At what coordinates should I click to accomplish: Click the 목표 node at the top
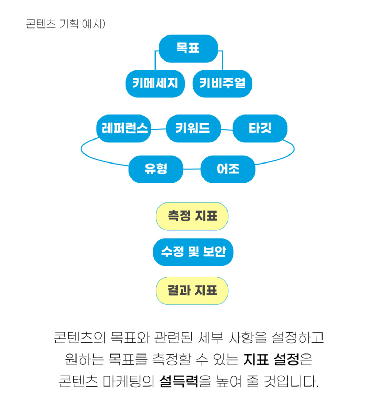(188, 48)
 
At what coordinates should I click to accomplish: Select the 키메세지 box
(155, 83)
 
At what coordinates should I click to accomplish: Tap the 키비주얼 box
(222, 83)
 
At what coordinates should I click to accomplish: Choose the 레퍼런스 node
(124, 128)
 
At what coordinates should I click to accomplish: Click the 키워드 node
(193, 128)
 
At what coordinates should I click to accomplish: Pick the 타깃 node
(260, 128)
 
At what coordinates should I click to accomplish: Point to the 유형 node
(156, 169)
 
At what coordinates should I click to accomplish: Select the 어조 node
(228, 169)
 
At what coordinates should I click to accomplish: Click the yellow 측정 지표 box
(192, 216)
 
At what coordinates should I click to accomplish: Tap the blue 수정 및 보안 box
(193, 252)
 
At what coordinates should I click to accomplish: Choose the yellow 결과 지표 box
(192, 291)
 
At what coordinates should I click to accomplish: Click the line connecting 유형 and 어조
(192, 169)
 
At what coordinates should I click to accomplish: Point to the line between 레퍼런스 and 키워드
(159, 129)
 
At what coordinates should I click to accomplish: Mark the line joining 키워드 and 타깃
(226, 129)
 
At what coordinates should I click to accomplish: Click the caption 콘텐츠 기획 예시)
(66, 24)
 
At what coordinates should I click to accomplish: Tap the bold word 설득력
(179, 381)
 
